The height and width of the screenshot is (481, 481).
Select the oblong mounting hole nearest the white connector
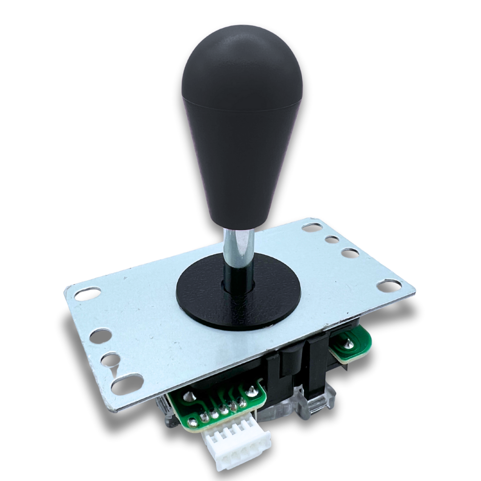coord(127,383)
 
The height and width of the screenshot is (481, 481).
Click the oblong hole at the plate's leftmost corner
coord(87,293)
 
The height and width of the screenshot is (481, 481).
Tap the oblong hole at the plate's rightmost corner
coord(389,285)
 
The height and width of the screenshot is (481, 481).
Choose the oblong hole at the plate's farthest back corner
coord(312,228)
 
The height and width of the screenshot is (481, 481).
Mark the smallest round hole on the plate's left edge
coord(109,359)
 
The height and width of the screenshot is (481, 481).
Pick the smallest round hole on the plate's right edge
coord(332,240)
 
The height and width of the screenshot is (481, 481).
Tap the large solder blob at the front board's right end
coord(252,391)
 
